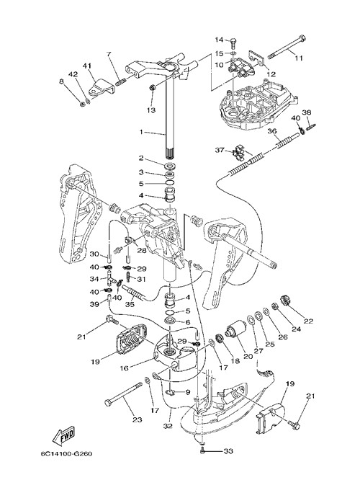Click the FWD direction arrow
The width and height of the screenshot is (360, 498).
point(64,434)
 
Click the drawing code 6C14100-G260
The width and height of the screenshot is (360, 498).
point(66,454)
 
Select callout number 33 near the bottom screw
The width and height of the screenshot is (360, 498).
point(228,450)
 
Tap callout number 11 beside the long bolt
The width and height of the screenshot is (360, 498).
point(299,58)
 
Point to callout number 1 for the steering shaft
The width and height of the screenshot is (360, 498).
point(141,132)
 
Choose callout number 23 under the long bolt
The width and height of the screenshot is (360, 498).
point(137,419)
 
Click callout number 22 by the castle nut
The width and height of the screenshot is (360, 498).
point(308,321)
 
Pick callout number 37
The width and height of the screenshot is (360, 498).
point(220,150)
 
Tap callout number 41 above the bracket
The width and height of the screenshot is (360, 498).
point(87,66)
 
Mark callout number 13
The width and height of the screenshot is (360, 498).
point(151,110)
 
